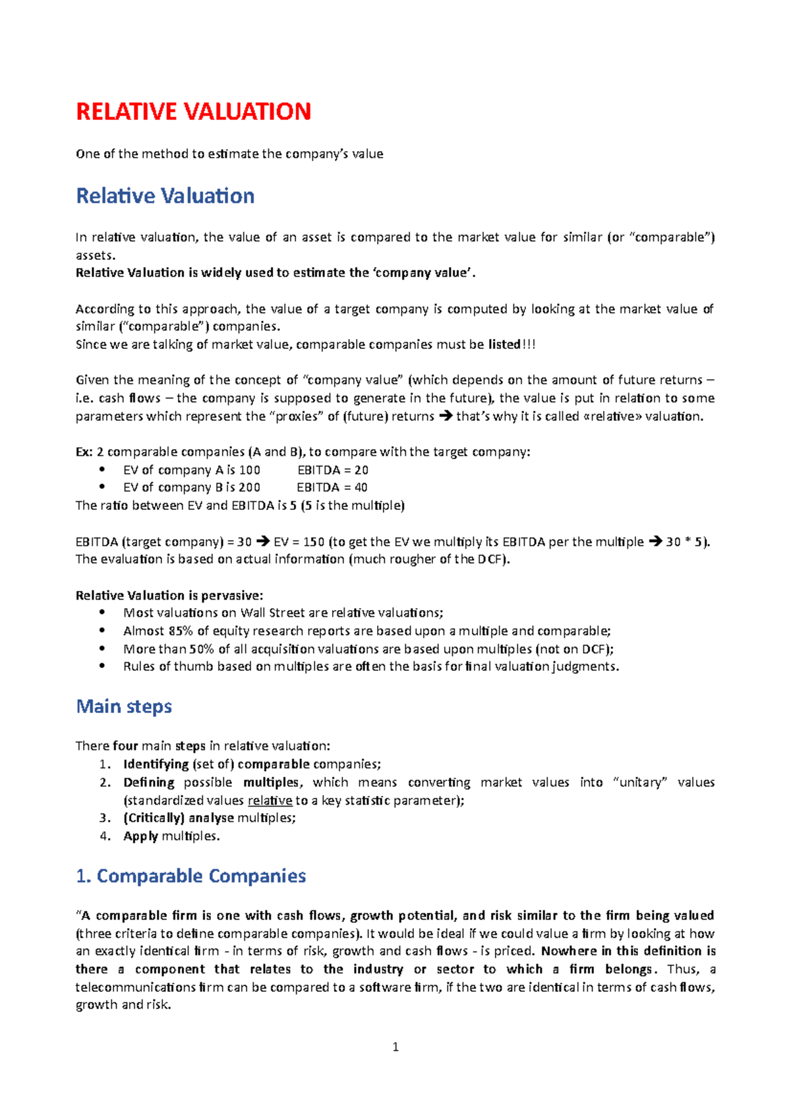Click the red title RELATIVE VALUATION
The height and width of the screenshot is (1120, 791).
(x=193, y=111)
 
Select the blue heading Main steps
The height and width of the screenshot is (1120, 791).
(x=124, y=706)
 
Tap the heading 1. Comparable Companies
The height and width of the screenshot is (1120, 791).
(x=191, y=876)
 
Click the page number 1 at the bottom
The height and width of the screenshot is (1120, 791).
(x=395, y=1047)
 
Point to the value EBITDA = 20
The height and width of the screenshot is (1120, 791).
(x=333, y=470)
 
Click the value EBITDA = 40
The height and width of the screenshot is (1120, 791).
(x=332, y=487)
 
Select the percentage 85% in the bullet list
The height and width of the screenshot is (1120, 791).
(x=180, y=631)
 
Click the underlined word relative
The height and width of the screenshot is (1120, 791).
(x=270, y=801)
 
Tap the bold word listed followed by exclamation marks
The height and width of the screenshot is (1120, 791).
(x=504, y=344)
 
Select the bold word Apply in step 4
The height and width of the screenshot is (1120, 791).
(x=140, y=836)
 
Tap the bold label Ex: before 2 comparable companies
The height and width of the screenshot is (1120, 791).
(x=84, y=452)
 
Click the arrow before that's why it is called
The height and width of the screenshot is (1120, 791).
(x=446, y=416)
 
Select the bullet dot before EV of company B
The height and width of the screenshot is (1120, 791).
(x=102, y=487)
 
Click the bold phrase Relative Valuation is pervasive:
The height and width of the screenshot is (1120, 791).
(x=169, y=596)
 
